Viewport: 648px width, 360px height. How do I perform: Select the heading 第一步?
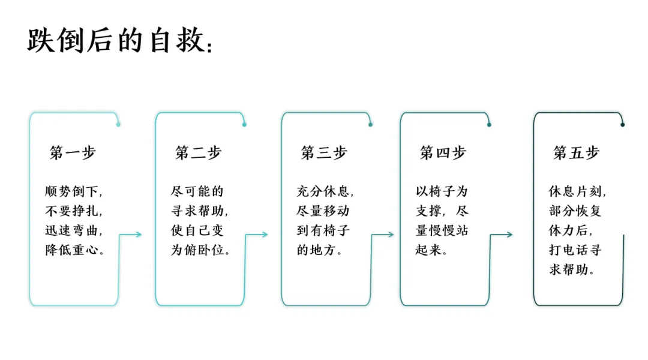click(x=73, y=152)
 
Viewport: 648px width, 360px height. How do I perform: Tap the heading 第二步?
click(x=199, y=152)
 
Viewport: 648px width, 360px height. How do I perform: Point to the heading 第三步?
click(x=324, y=152)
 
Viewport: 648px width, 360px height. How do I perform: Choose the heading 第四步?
click(x=443, y=152)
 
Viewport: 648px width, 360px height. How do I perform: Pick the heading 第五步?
click(x=576, y=152)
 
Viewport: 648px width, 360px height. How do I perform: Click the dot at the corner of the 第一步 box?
click(x=118, y=124)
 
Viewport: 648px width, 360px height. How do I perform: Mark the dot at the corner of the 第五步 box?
click(x=622, y=124)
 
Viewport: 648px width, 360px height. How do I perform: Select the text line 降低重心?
click(x=74, y=250)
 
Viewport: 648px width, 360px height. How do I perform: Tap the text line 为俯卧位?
click(x=200, y=250)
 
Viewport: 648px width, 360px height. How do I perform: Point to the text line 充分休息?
click(x=325, y=191)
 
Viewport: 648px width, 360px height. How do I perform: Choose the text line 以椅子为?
click(x=442, y=191)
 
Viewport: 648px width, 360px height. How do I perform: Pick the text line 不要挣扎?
click(x=74, y=211)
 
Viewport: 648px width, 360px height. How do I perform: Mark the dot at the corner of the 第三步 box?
click(x=370, y=124)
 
